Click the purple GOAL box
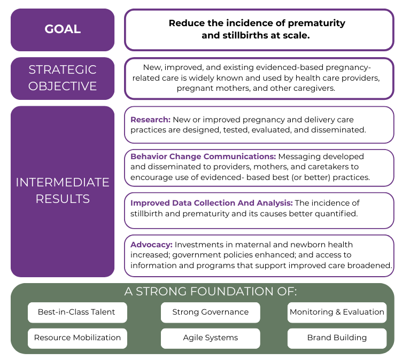click(63, 29)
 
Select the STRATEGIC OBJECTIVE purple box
click(63, 78)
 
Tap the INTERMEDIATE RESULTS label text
click(63, 191)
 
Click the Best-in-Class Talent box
click(77, 312)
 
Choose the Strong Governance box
click(210, 312)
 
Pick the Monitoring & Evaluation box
click(337, 312)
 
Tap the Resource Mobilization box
click(77, 338)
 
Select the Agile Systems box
click(210, 338)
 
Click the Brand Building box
click(337, 338)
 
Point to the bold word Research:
click(150, 120)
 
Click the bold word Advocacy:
click(151, 245)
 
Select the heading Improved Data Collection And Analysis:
click(211, 203)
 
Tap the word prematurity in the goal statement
click(319, 24)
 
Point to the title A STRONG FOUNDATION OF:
click(210, 292)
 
